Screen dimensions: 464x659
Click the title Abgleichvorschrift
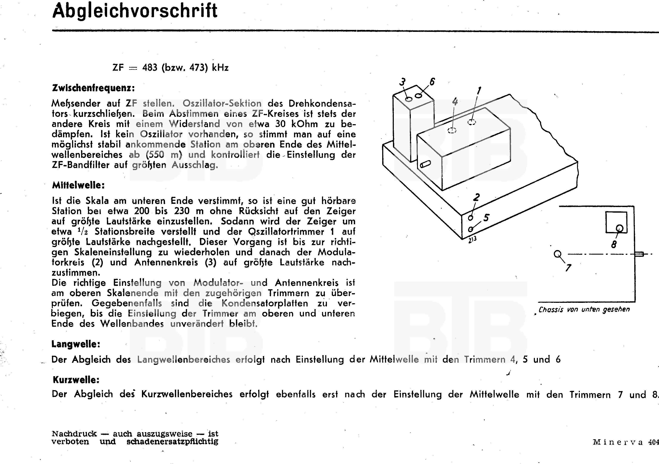click(x=135, y=11)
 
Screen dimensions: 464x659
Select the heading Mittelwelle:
click(x=78, y=185)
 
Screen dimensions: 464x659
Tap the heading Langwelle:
click(x=76, y=344)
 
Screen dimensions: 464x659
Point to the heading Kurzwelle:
click(x=76, y=380)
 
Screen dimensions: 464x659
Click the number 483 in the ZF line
click(x=150, y=68)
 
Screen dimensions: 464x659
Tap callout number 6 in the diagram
click(x=432, y=82)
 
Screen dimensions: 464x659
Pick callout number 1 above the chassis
click(x=479, y=91)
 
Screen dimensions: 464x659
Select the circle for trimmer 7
click(x=557, y=254)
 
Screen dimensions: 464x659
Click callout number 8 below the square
click(x=614, y=244)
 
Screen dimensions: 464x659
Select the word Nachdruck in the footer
click(x=74, y=434)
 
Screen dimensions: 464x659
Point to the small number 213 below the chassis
click(x=472, y=240)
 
